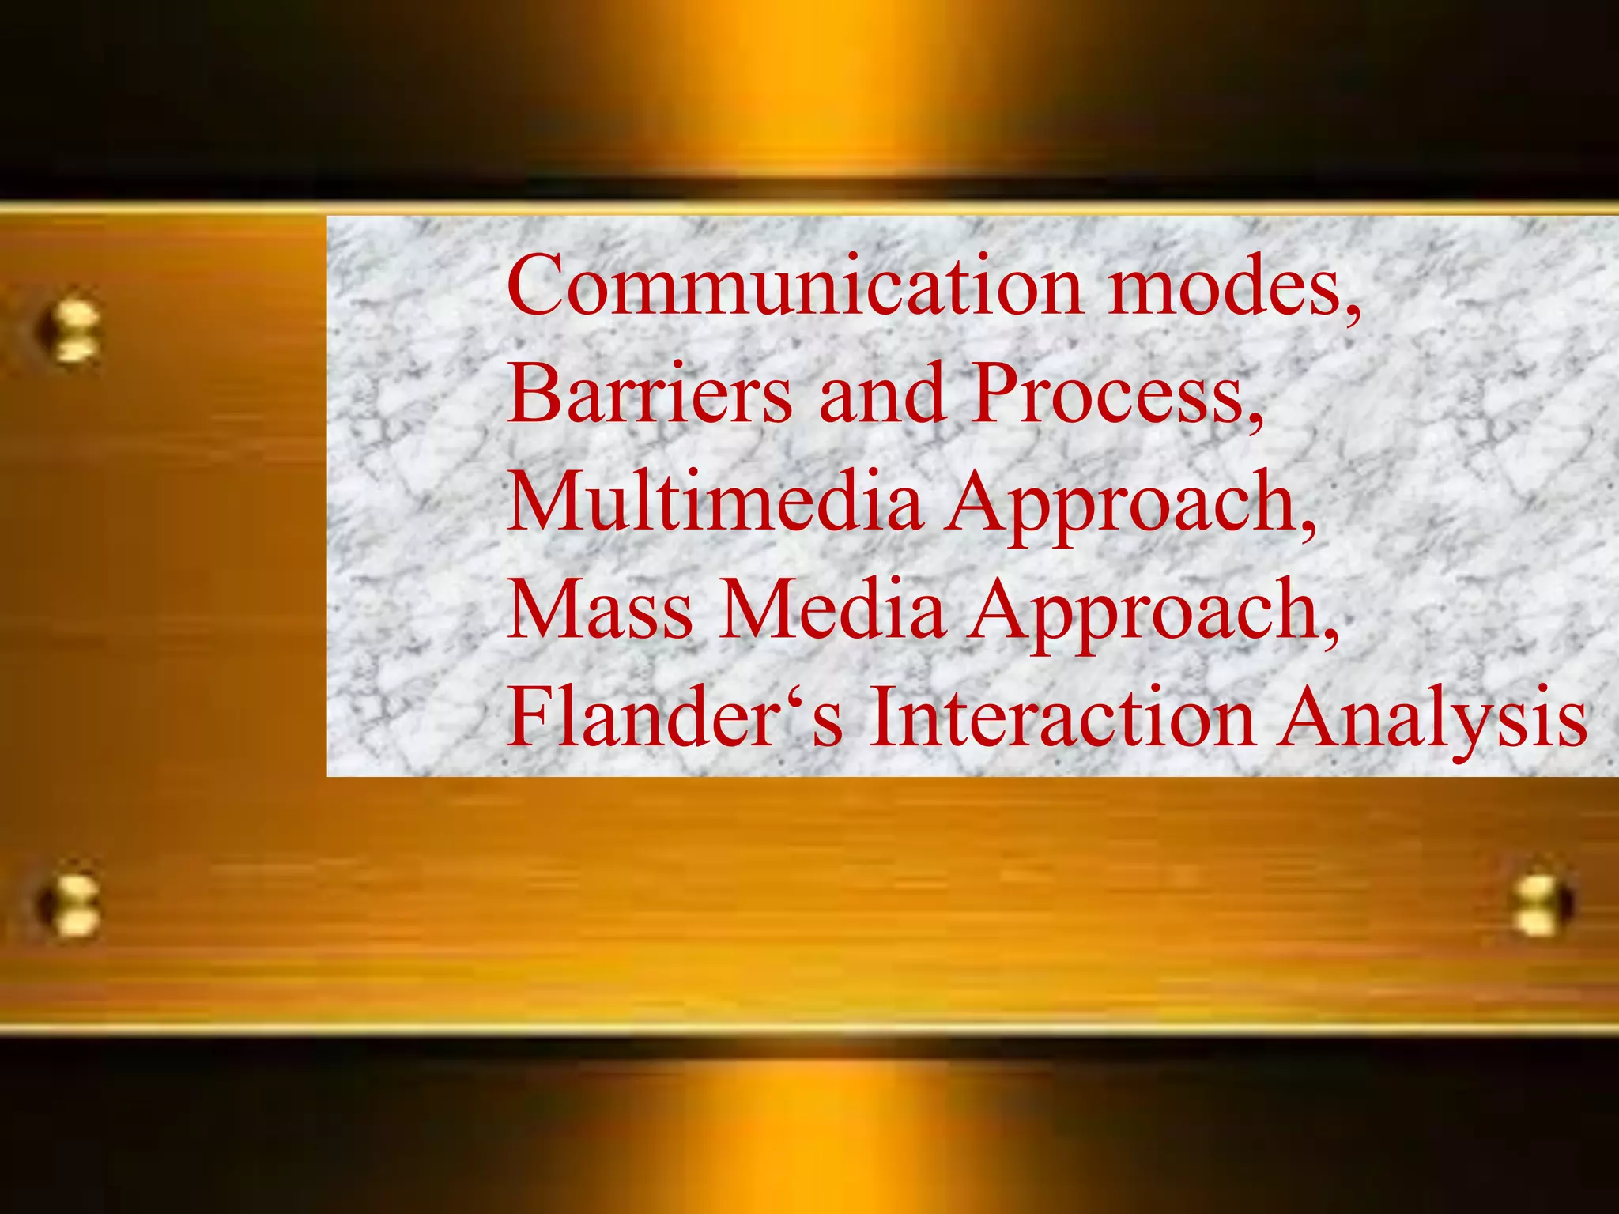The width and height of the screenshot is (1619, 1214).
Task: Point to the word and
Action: [x=881, y=393]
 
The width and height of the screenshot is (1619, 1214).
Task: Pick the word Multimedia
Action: [x=715, y=501]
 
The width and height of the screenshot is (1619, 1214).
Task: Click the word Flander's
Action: [x=675, y=717]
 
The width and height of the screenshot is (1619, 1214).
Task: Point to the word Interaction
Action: [x=1062, y=717]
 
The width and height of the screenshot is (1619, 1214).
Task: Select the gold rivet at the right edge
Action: [x=1542, y=906]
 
